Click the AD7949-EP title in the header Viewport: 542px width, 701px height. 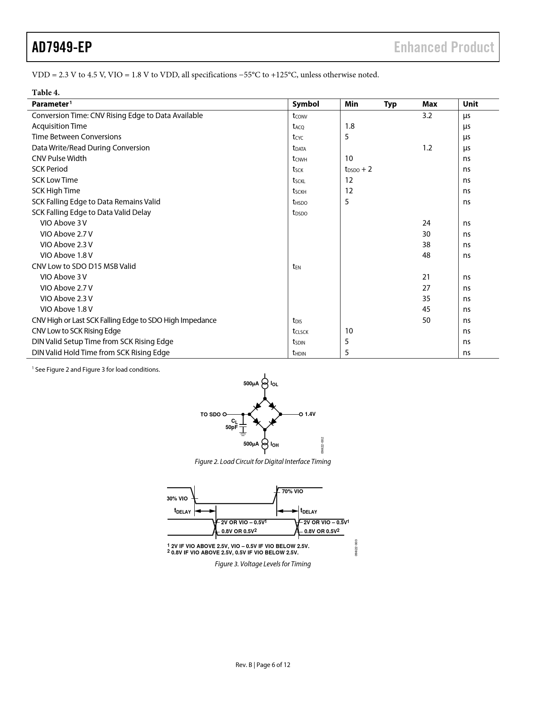pyautogui.click(x=62, y=47)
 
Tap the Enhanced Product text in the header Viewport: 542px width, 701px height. pyautogui.click(x=444, y=47)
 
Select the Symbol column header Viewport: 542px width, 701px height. pyautogui.click(x=306, y=104)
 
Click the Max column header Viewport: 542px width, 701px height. pyautogui.click(x=429, y=104)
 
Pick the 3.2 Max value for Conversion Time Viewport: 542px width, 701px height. pyautogui.click(x=427, y=116)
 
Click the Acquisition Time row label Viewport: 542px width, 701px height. pyautogui.click(x=59, y=126)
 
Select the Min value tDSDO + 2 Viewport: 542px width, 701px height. pyautogui.click(x=358, y=170)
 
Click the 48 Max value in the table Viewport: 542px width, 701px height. pyautogui.click(x=426, y=255)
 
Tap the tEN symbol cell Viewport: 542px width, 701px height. pyautogui.click(x=296, y=267)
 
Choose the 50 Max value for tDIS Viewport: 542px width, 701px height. pyautogui.click(x=426, y=320)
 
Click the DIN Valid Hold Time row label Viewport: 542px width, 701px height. pyautogui.click(x=100, y=353)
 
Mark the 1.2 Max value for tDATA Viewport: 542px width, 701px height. pyautogui.click(x=427, y=148)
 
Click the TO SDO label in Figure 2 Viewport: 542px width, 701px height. pyautogui.click(x=210, y=414)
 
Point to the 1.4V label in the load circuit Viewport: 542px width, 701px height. pyautogui.click(x=310, y=414)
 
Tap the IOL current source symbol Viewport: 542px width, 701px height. pyautogui.click(x=265, y=382)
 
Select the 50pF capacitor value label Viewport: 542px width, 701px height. pyautogui.click(x=231, y=427)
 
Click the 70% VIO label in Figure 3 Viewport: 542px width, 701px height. pyautogui.click(x=292, y=492)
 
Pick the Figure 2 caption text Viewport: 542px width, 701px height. pyautogui.click(x=262, y=461)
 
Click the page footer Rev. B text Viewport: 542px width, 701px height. pyautogui.click(x=244, y=665)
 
